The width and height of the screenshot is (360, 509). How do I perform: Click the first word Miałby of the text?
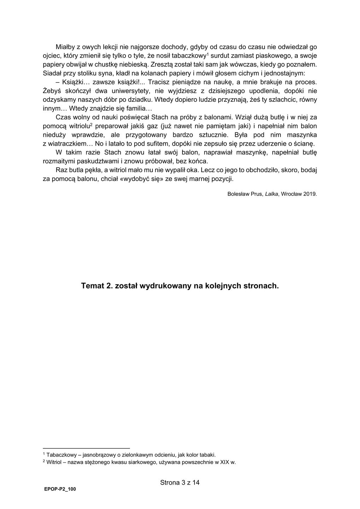[65, 47]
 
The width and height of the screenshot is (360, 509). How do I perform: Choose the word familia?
[140, 109]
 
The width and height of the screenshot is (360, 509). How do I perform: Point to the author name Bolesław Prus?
[244, 194]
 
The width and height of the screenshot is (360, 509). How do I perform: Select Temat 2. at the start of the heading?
[96, 286]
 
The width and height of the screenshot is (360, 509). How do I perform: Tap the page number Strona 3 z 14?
[180, 482]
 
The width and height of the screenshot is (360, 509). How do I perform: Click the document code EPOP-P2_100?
[60, 489]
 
